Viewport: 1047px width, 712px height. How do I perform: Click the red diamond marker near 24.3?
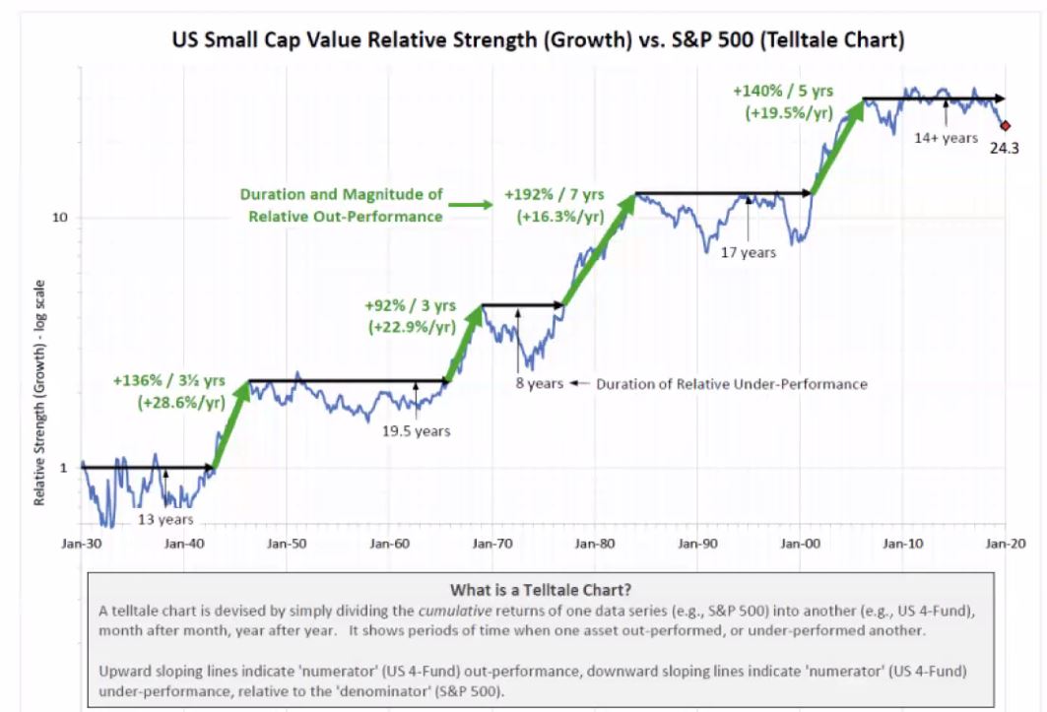[x=1006, y=125]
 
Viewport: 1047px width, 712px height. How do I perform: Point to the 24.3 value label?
[x=1004, y=151]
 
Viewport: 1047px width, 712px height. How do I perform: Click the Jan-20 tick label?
[x=1003, y=543]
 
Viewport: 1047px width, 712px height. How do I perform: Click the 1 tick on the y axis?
[x=64, y=468]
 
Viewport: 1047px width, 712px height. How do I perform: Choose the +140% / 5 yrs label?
[x=783, y=100]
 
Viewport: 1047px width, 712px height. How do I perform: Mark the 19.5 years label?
[x=416, y=429]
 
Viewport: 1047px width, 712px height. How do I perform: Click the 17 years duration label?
[x=749, y=252]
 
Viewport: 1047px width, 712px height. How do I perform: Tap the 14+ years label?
[x=946, y=138]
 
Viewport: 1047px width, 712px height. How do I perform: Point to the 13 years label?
[x=165, y=519]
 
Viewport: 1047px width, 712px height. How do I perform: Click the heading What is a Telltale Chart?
[x=541, y=591]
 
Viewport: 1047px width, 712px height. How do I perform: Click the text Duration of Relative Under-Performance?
[x=731, y=383]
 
